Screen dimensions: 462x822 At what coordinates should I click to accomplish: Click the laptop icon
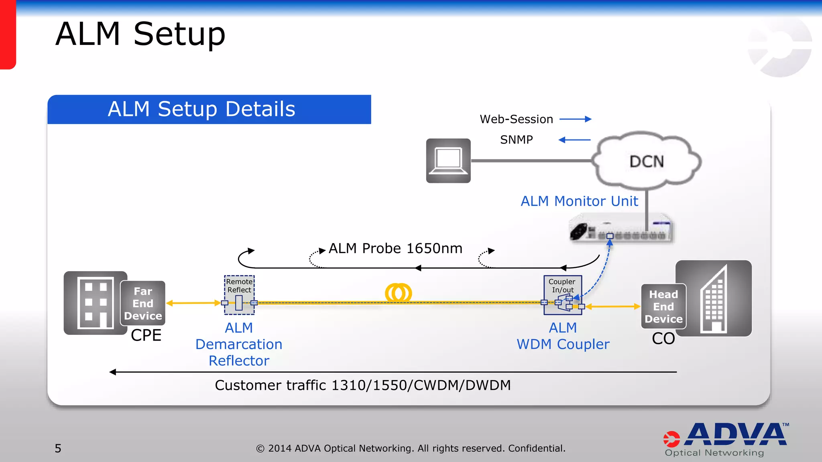click(x=448, y=160)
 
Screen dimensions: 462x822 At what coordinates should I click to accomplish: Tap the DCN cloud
click(x=647, y=161)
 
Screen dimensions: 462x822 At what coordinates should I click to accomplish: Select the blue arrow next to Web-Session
click(x=575, y=119)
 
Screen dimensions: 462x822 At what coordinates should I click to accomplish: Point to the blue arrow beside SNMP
click(x=574, y=140)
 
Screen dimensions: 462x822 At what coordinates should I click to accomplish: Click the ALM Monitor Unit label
click(x=579, y=201)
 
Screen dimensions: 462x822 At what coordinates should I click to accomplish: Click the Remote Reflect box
click(x=239, y=295)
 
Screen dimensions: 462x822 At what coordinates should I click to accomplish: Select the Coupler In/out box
click(x=562, y=295)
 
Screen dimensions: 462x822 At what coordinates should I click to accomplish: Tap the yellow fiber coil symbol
click(x=398, y=293)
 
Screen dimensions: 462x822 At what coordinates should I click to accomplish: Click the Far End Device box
click(x=143, y=303)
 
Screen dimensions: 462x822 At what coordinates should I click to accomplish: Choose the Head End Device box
click(x=663, y=306)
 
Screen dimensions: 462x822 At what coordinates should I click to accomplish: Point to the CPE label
click(x=146, y=335)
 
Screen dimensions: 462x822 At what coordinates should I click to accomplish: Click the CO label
click(x=663, y=338)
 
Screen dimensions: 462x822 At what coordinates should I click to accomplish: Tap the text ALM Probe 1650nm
click(x=395, y=248)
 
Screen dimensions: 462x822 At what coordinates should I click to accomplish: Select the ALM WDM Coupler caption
click(x=563, y=336)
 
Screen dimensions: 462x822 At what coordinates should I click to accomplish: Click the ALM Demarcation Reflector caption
click(x=239, y=344)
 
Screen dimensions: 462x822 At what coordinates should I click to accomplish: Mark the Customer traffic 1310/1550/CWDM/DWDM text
click(x=362, y=385)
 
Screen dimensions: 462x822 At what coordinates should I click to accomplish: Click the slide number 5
click(x=58, y=448)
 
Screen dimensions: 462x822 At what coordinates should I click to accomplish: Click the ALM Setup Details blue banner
click(x=209, y=109)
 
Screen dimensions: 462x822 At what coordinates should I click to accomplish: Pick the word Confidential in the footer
click(x=536, y=448)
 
